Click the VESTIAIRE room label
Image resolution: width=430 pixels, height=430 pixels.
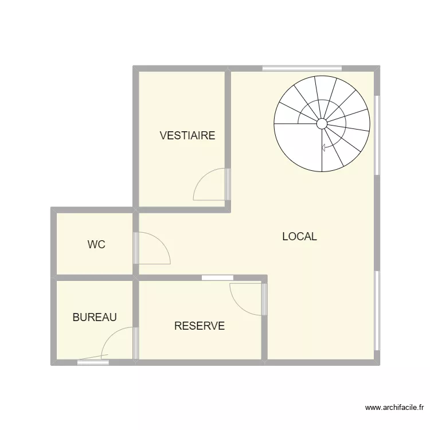[187, 136]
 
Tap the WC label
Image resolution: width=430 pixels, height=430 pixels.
[96, 245]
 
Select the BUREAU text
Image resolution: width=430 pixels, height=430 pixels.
[95, 317]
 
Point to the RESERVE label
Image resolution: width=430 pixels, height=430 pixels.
[200, 326]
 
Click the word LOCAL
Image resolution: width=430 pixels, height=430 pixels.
[299, 237]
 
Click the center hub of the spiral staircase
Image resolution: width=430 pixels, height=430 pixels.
[322, 123]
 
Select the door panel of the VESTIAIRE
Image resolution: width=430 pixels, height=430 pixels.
[227, 184]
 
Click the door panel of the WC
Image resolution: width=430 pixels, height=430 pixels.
[136, 248]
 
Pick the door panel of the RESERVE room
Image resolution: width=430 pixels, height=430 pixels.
[264, 299]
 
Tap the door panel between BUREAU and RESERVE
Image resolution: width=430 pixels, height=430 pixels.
[136, 343]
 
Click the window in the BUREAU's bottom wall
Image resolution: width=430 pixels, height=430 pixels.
[93, 362]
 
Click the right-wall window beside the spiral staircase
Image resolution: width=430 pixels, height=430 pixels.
[377, 135]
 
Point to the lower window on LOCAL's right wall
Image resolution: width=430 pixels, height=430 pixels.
[377, 310]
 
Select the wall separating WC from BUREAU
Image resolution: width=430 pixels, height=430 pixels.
[95, 277]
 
